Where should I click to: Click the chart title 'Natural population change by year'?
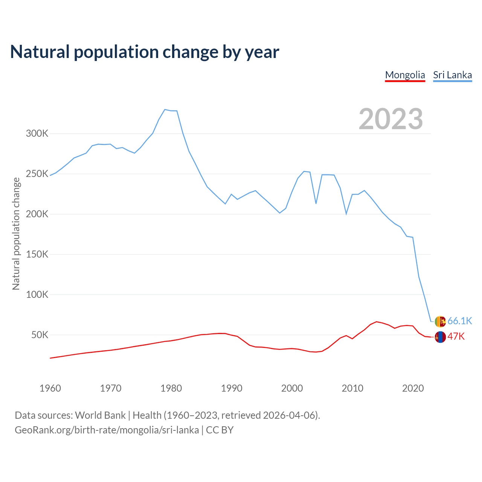click(145, 52)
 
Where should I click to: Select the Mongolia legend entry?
click(405, 75)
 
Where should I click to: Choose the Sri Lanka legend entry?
click(452, 75)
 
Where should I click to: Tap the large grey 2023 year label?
click(391, 119)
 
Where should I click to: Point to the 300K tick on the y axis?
click(37, 134)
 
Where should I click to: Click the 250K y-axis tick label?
click(37, 174)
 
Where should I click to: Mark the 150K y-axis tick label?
click(37, 254)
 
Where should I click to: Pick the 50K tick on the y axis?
click(40, 335)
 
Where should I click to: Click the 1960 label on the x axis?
click(50, 388)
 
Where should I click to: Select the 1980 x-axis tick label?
click(171, 388)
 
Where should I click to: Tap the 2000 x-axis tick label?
click(292, 388)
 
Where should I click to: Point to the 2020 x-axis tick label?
click(413, 388)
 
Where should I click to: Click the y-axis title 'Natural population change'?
click(16, 233)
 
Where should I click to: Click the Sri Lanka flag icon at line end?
click(440, 321)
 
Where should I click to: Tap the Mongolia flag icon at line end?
click(440, 337)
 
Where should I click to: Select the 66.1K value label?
click(460, 321)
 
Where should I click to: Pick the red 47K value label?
click(456, 337)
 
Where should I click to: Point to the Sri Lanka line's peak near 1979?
click(165, 110)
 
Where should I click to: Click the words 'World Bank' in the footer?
click(100, 415)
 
